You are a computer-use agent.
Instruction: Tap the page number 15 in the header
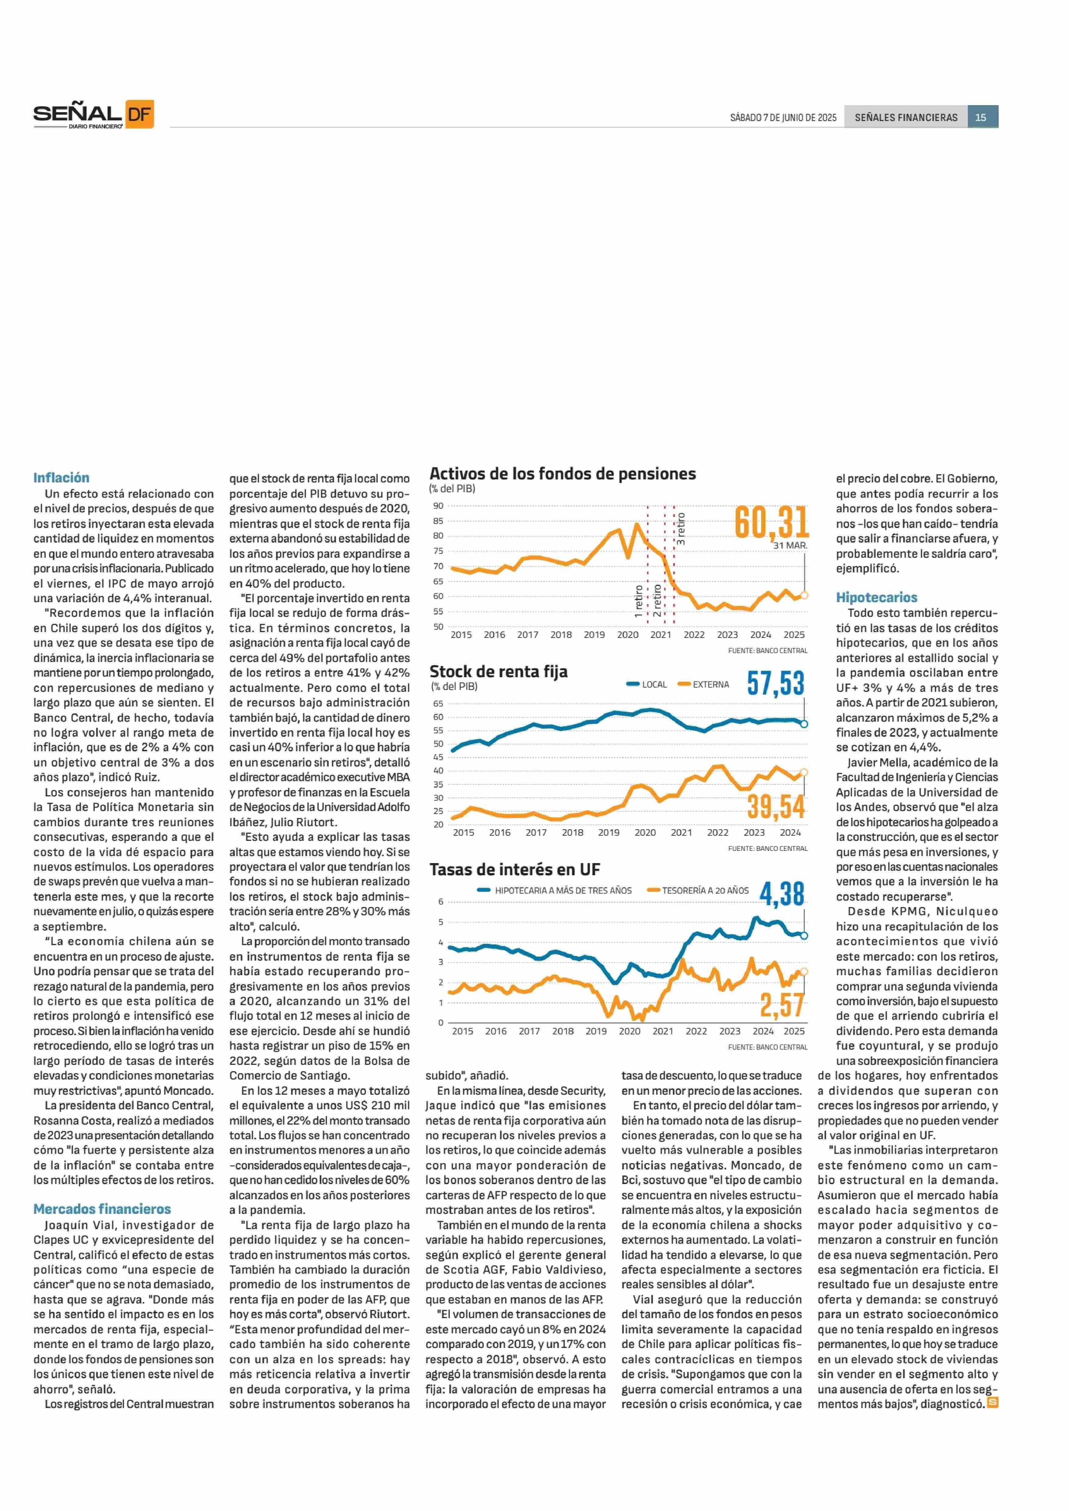point(981,117)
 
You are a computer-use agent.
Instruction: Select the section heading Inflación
point(61,478)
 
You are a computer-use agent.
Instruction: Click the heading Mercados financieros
point(102,1209)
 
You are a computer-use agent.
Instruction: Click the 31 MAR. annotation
point(790,546)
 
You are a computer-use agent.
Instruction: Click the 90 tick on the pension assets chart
point(438,506)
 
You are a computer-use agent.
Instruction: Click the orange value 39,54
point(776,808)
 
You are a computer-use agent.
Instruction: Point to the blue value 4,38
point(782,894)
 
